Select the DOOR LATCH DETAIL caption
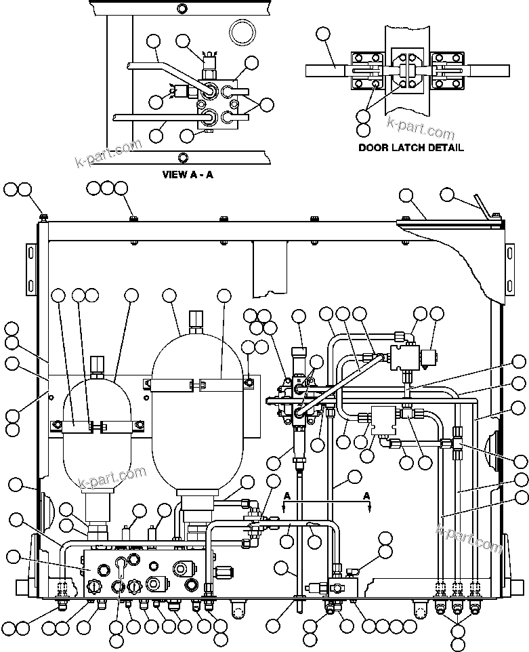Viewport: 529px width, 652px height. (x=410, y=148)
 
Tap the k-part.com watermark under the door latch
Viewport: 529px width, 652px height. (x=420, y=127)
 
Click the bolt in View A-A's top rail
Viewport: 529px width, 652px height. (x=180, y=9)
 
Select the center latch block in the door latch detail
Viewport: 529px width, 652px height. (x=404, y=70)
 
